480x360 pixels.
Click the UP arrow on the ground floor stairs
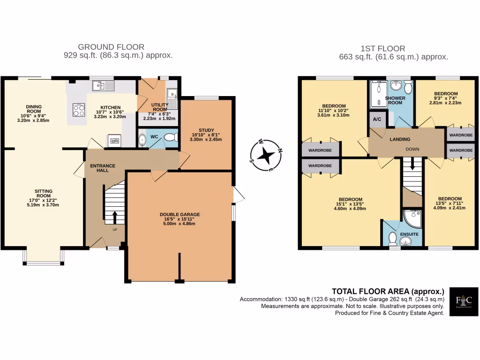(114, 217)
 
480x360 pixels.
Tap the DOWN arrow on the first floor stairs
(413, 165)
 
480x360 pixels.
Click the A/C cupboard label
(377, 120)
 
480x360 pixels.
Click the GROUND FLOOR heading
(111, 47)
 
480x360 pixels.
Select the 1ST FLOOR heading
(383, 48)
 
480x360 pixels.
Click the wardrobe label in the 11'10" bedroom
(320, 150)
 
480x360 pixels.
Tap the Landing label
(400, 139)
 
